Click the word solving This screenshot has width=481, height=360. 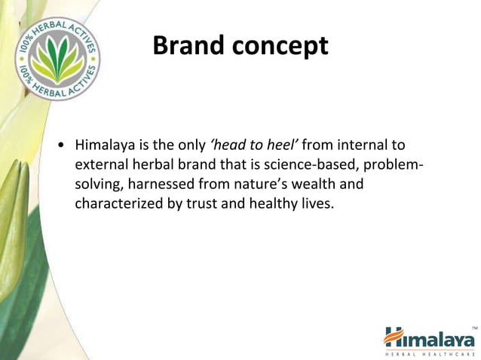point(99,183)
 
